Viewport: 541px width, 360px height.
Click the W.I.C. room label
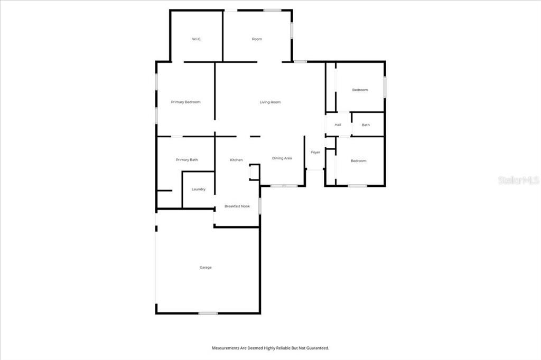(197, 39)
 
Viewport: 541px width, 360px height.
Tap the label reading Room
(257, 39)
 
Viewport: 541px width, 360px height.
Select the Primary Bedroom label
(185, 102)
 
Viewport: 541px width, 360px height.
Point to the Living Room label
(270, 102)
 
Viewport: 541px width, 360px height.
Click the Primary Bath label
(186, 159)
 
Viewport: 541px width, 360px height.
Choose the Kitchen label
(236, 159)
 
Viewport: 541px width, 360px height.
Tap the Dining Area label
(282, 158)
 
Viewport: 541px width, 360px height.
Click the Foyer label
(315, 152)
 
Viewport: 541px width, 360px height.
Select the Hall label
(338, 125)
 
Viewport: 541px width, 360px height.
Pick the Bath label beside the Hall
(366, 125)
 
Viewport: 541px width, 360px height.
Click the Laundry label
(198, 189)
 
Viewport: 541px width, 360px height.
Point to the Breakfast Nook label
(237, 206)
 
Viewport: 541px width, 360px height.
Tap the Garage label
(206, 267)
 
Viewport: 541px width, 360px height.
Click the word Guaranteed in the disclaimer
(316, 348)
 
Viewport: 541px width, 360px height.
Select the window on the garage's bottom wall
(208, 313)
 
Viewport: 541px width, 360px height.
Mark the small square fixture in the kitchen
(254, 173)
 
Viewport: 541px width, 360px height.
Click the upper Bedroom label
(360, 90)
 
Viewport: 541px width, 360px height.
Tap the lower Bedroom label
(358, 160)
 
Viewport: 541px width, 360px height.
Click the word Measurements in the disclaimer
(226, 348)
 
